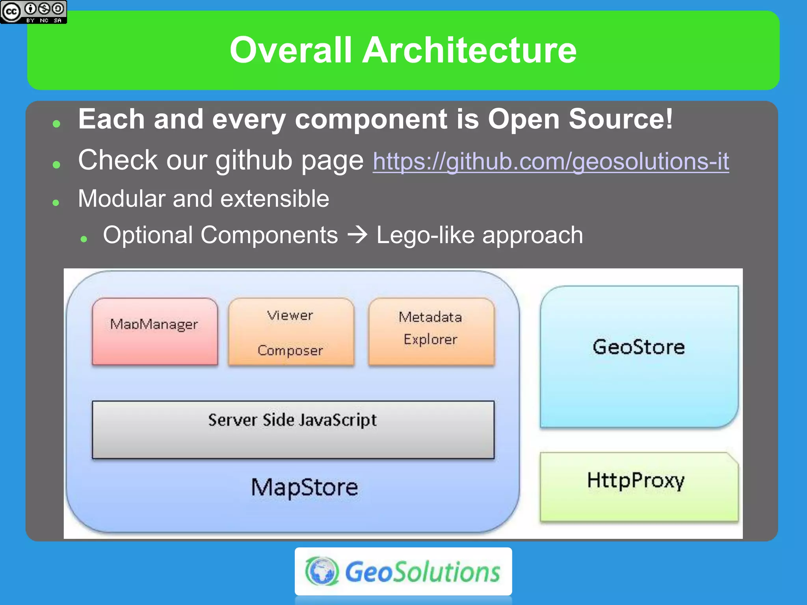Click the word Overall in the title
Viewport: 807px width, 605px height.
point(290,50)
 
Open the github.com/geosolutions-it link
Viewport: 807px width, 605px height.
point(550,161)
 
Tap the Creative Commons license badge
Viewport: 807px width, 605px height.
point(33,12)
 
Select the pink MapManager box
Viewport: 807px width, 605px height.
point(154,332)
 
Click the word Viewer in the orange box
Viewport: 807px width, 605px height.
point(290,315)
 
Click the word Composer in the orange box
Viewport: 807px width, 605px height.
point(290,350)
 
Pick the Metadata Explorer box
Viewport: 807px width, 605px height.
point(431,332)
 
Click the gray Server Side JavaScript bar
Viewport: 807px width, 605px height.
point(292,429)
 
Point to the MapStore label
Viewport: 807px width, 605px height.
point(304,488)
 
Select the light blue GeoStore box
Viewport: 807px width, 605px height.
point(638,356)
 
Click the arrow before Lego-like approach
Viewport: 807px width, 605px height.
point(357,236)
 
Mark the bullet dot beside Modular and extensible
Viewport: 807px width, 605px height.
point(56,202)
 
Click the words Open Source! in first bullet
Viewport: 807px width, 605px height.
point(580,119)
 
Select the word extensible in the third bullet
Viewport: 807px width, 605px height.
point(275,199)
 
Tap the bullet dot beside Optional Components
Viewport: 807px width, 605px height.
point(84,239)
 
